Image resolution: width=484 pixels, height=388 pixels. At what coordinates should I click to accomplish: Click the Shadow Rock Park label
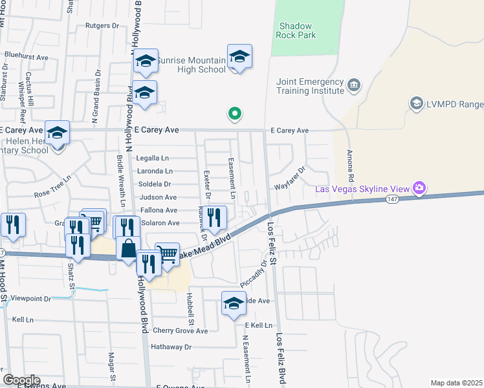[297, 30]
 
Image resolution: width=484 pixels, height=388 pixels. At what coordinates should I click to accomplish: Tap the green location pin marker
[235, 114]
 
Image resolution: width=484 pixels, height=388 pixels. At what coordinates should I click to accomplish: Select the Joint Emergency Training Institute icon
[353, 85]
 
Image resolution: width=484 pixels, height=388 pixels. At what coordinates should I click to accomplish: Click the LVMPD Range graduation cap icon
[416, 103]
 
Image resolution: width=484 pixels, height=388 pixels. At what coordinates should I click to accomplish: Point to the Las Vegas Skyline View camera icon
[420, 188]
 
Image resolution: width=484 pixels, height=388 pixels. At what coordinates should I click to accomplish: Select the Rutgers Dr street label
[103, 26]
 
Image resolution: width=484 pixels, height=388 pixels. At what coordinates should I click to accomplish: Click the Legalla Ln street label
[152, 158]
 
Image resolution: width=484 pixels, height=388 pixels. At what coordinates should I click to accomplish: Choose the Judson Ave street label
[157, 197]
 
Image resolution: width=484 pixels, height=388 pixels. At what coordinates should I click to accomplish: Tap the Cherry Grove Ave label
[180, 330]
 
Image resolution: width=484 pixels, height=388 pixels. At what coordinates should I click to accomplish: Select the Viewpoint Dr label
[31, 299]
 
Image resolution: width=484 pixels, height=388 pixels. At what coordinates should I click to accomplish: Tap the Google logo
[21, 380]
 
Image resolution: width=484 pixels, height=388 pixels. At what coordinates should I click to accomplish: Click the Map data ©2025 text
[456, 383]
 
